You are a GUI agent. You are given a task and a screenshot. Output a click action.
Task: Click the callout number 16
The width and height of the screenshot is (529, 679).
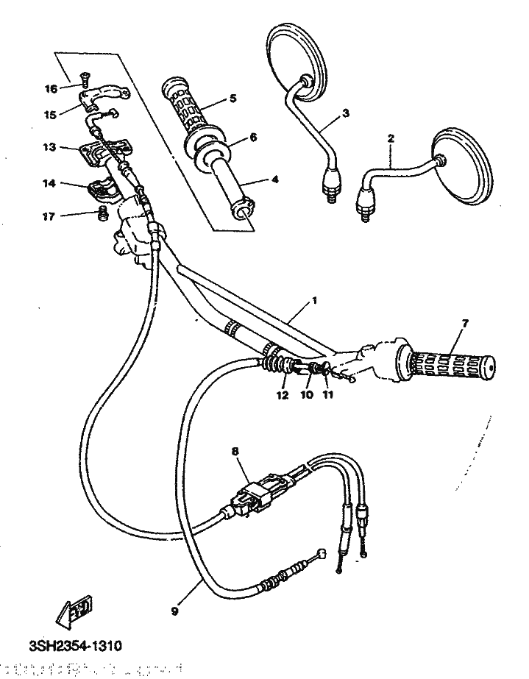click(50, 89)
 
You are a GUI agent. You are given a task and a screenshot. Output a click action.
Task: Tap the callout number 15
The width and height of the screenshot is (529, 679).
click(50, 114)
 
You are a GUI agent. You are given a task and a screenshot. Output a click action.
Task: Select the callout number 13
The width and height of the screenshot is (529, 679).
click(49, 147)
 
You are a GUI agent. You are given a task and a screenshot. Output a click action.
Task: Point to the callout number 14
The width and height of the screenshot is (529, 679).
click(49, 185)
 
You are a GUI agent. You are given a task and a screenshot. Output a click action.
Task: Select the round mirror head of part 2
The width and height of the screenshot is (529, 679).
click(462, 166)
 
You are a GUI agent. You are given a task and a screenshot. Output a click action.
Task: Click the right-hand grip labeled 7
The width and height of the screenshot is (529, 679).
click(450, 363)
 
